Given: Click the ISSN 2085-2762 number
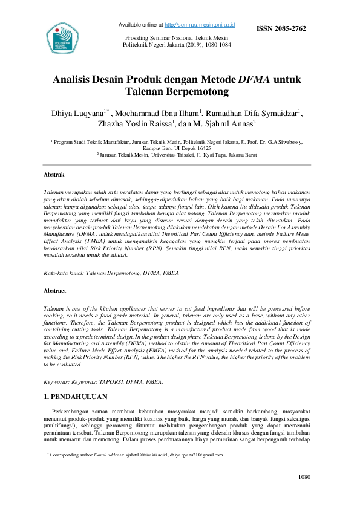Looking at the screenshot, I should [x=282, y=28].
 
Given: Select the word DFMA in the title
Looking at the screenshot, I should [x=254, y=79].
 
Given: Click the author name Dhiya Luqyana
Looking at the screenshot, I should [x=80, y=113].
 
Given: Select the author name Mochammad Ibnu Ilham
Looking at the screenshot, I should [x=158, y=113].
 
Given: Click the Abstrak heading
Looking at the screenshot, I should [x=54, y=175].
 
